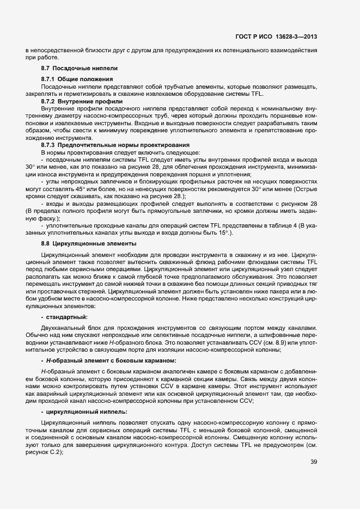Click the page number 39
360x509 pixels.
click(x=314, y=463)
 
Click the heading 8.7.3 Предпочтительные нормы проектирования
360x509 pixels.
click(x=115, y=145)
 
